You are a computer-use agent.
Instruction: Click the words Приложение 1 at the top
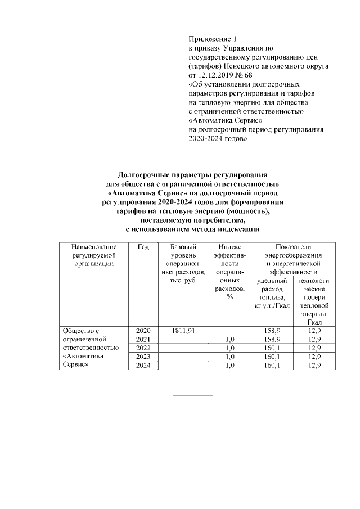click(x=213, y=39)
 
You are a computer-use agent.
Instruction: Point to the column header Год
click(x=143, y=247)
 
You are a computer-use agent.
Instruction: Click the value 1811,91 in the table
click(x=183, y=331)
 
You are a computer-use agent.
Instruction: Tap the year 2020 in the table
click(x=143, y=331)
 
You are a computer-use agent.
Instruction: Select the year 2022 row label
click(x=143, y=348)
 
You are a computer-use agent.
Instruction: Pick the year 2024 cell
click(x=143, y=366)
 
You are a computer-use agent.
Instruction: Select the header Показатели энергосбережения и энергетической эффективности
click(x=293, y=259)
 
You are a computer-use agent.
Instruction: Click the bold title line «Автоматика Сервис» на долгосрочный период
click(x=193, y=192)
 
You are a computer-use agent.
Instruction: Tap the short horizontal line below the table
click(x=193, y=395)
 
